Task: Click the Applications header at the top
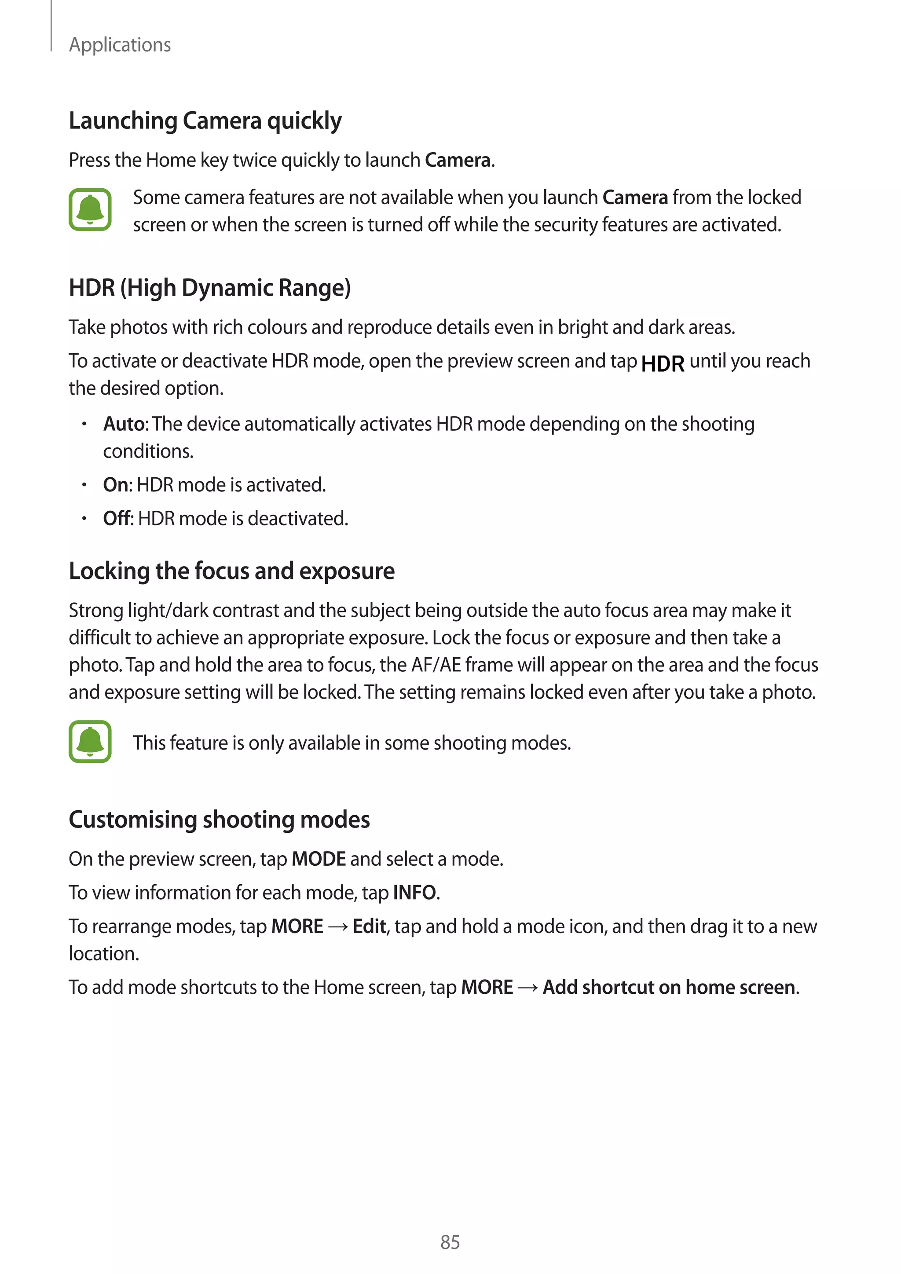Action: [x=120, y=44]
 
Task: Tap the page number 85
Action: [x=450, y=1242]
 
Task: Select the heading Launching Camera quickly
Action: [x=205, y=121]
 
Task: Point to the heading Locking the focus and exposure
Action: [x=231, y=571]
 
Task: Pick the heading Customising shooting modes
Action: [x=219, y=820]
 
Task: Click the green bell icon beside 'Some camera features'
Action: [x=90, y=210]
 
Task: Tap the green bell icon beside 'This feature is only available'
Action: [x=90, y=741]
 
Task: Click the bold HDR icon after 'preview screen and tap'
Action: [x=663, y=364]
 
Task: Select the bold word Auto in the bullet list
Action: [x=124, y=424]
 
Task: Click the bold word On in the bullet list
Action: [x=115, y=485]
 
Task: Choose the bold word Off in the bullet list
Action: [x=117, y=519]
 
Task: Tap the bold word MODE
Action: [x=319, y=859]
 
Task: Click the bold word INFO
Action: [x=414, y=893]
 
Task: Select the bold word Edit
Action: [x=369, y=926]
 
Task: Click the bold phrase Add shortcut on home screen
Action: [x=669, y=988]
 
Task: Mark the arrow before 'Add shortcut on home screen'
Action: [x=527, y=988]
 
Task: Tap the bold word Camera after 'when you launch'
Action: [x=635, y=198]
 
